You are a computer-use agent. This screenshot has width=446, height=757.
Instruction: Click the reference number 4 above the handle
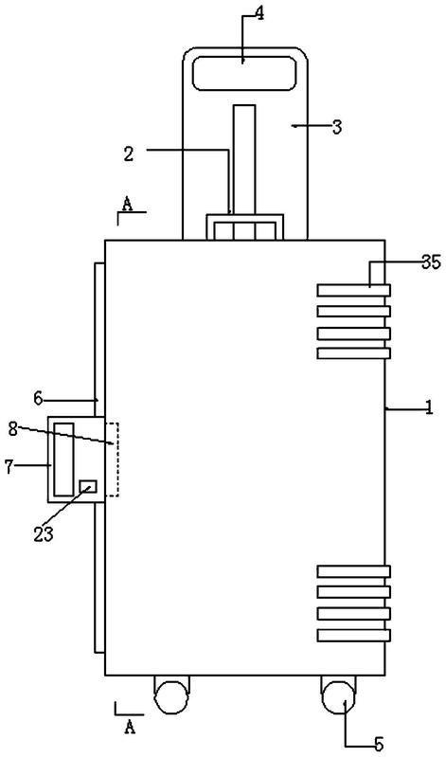coord(259,13)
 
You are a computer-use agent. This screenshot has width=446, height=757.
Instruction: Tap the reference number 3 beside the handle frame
coord(337,128)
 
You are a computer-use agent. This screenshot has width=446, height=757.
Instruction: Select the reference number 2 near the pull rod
coord(129,154)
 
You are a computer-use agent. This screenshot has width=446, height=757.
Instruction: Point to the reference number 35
coord(431,262)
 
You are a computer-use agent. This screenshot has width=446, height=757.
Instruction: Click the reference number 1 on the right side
coord(429,408)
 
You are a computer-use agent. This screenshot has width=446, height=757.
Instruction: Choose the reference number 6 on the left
coord(38,399)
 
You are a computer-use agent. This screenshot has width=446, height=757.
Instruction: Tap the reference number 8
coord(13,429)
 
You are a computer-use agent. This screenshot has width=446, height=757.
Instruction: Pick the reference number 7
coord(9,467)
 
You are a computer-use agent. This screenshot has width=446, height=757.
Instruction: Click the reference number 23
coord(43,534)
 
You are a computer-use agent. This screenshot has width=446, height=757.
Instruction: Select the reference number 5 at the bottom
coord(379,745)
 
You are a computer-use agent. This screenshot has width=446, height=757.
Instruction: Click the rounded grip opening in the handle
coord(243,73)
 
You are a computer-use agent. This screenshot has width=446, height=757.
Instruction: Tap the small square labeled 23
coord(88,487)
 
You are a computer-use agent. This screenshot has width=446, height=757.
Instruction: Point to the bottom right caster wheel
coord(338,695)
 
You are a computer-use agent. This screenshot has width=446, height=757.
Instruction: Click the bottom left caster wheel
coord(170,695)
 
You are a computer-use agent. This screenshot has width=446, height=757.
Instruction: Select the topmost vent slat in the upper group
coord(354,290)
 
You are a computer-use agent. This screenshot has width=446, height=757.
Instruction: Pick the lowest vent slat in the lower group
coord(354,636)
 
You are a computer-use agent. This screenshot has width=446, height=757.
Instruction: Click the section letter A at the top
coord(127,205)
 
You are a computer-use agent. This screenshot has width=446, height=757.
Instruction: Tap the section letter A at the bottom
coord(130,727)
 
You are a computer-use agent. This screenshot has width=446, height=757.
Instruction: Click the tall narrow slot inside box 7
coord(63,460)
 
